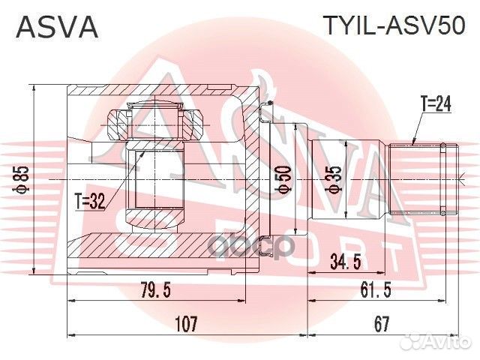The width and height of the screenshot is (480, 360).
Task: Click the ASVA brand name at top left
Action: pos(57,27)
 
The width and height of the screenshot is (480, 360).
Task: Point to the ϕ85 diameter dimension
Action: pos(24,177)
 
